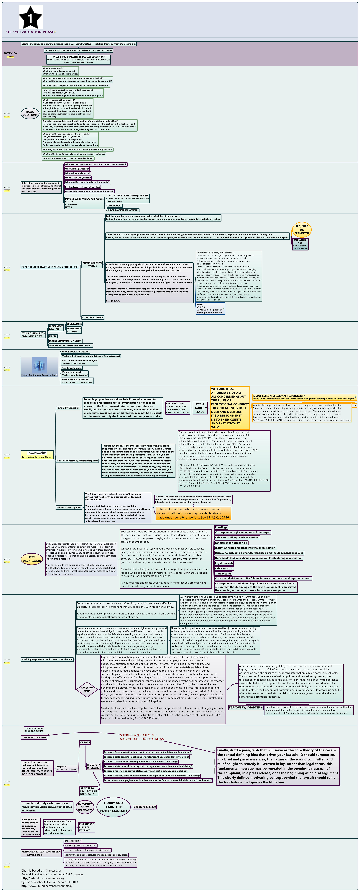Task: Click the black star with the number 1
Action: click(30, 17)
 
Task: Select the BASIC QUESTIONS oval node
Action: click(30, 113)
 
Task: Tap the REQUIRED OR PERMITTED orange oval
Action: click(302, 230)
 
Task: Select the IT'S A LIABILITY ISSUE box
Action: click(200, 408)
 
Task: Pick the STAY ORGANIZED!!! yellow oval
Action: click(32, 559)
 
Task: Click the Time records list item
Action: click(223, 573)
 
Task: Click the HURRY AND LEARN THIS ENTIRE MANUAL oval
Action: click(114, 807)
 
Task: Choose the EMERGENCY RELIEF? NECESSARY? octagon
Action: click(85, 807)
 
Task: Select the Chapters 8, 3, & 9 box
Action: click(145, 807)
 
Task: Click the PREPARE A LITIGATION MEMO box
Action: click(41, 853)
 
